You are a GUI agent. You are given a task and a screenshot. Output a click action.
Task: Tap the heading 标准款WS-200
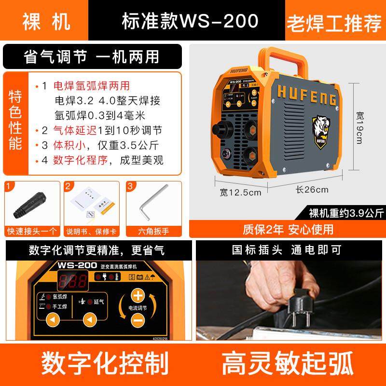coord(189,22)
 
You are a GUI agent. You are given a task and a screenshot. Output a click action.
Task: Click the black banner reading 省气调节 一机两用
coord(92,56)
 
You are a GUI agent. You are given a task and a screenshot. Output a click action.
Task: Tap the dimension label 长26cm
coord(312,190)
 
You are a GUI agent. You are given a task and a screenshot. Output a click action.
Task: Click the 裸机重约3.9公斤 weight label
coord(346,212)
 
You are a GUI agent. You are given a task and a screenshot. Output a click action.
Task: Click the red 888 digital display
coord(73,282)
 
